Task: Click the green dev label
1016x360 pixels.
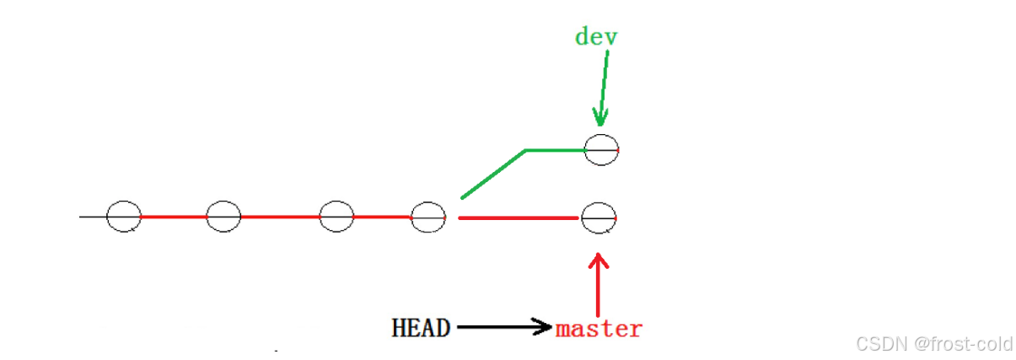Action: (596, 37)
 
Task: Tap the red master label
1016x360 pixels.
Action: (599, 328)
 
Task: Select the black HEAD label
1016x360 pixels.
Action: (421, 328)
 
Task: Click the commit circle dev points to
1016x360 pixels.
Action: (600, 149)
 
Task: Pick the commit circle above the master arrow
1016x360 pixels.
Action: (598, 218)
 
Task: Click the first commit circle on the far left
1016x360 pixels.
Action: (124, 217)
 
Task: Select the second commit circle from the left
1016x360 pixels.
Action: (223, 217)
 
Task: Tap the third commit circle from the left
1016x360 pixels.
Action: (336, 217)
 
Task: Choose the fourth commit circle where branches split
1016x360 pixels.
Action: (427, 217)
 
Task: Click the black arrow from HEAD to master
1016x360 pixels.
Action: (502, 327)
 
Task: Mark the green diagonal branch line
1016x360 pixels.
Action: (493, 175)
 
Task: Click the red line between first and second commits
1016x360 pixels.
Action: (174, 217)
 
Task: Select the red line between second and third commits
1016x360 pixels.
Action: (280, 217)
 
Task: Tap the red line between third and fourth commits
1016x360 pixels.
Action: (382, 217)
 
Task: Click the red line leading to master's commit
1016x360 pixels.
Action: (518, 218)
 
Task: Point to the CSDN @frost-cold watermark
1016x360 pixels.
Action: (933, 343)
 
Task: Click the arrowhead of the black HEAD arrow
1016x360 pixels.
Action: (544, 327)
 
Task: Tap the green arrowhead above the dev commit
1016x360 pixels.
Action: (599, 118)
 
